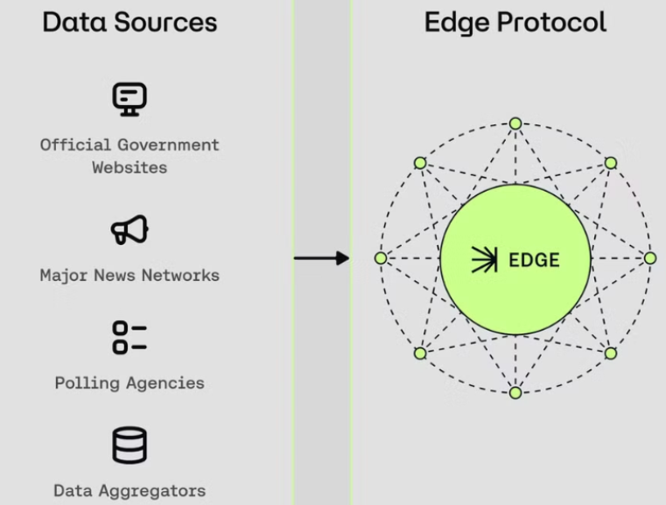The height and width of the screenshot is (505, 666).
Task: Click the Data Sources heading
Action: coord(129,22)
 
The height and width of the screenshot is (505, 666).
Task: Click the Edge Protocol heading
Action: coord(515,22)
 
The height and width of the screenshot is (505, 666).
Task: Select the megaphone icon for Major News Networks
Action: coord(130,229)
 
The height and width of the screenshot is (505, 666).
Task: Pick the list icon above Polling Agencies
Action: coord(130,337)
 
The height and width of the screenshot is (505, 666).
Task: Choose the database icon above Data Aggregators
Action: coord(130,445)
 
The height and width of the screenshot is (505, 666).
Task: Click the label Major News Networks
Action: coord(130,275)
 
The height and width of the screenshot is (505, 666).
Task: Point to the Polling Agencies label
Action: coord(130,383)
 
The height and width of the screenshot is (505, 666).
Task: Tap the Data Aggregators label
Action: coord(130,491)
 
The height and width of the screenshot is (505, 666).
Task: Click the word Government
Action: coord(170,144)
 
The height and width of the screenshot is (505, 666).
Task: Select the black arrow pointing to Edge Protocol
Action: coord(320,258)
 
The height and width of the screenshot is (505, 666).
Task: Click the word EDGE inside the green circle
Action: coord(534,260)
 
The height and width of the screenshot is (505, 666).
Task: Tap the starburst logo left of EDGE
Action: coord(484,260)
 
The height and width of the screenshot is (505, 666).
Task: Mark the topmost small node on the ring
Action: coord(515,124)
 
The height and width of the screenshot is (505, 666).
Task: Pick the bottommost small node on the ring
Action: coord(515,393)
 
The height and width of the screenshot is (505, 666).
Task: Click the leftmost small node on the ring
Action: coord(381,258)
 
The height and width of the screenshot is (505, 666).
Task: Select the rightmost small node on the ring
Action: coord(649,258)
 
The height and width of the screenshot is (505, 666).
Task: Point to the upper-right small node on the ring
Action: coord(611,163)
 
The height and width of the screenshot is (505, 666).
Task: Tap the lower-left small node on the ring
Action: coord(420,354)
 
